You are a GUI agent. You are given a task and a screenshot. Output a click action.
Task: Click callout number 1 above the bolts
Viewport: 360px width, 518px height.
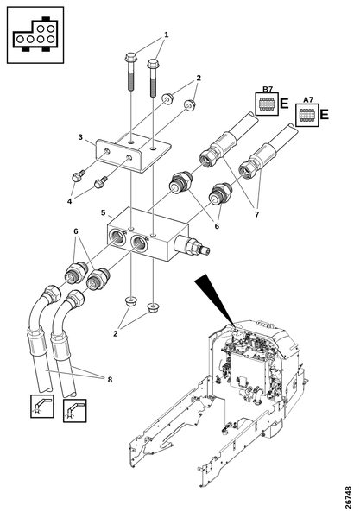[x=167, y=35]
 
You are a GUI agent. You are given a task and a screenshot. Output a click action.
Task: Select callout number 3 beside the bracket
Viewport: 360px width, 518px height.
[x=80, y=136]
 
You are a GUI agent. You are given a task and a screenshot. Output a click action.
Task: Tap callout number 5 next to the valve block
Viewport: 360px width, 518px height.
[x=104, y=212]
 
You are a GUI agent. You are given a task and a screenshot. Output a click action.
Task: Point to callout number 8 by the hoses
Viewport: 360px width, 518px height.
[x=110, y=380]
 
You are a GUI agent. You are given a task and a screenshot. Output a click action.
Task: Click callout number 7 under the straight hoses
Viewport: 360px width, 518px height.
[x=256, y=214]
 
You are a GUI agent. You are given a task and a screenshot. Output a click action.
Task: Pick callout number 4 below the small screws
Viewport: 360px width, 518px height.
[x=69, y=201]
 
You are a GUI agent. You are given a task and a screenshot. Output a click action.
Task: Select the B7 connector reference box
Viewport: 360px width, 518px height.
[x=267, y=104]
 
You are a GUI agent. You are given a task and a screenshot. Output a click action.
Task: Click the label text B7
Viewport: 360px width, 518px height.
[x=267, y=89]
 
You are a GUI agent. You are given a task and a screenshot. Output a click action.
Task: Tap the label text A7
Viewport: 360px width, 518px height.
[x=308, y=100]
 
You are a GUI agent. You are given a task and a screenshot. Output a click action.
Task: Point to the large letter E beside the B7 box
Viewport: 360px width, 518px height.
[x=284, y=104]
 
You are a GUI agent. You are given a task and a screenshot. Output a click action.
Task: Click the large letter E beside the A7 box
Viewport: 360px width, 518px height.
[x=325, y=115]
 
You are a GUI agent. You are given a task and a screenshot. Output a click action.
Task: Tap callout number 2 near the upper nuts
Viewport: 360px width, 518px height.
[x=199, y=79]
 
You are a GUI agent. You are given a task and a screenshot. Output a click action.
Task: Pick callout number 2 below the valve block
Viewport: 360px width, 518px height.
[x=116, y=333]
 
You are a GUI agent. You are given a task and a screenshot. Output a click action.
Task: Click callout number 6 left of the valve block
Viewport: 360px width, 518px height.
[x=76, y=231]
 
